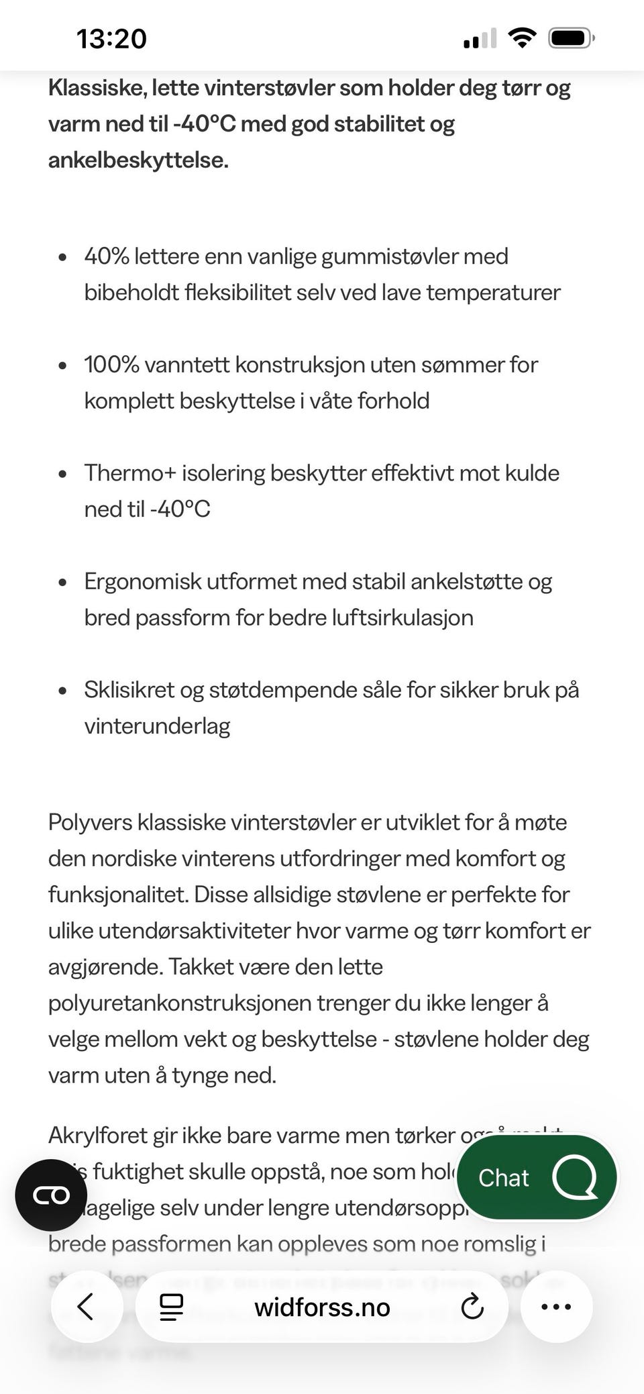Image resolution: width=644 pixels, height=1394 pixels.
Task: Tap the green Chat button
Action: pyautogui.click(x=536, y=1177)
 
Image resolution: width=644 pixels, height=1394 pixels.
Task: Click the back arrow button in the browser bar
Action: pyautogui.click(x=86, y=1307)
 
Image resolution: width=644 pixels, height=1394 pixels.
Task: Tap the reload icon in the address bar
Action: pyautogui.click(x=472, y=1307)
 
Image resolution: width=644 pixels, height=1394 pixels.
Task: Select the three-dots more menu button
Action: pyautogui.click(x=556, y=1307)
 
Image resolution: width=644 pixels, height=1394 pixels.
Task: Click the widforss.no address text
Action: pyautogui.click(x=322, y=1307)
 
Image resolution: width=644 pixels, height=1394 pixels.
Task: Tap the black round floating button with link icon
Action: pyautogui.click(x=51, y=1195)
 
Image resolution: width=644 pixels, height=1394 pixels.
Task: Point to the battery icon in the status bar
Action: pyautogui.click(x=570, y=38)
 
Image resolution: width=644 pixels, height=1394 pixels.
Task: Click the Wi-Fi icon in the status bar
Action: pyautogui.click(x=521, y=38)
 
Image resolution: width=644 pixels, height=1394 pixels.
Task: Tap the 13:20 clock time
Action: pyautogui.click(x=111, y=39)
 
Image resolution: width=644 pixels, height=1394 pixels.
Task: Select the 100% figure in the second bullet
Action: pyautogui.click(x=111, y=365)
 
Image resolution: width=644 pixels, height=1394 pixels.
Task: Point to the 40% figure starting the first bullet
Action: pyautogui.click(x=106, y=256)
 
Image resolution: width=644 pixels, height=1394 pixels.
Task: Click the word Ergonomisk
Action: pyautogui.click(x=142, y=582)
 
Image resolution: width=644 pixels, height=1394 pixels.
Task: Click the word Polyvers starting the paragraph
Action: pyautogui.click(x=90, y=822)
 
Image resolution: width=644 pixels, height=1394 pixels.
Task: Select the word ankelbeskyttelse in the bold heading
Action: pyautogui.click(x=137, y=160)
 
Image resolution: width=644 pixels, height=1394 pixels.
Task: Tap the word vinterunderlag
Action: pyautogui.click(x=157, y=726)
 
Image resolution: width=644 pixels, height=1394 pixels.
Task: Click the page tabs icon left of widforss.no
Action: pyautogui.click(x=171, y=1307)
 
